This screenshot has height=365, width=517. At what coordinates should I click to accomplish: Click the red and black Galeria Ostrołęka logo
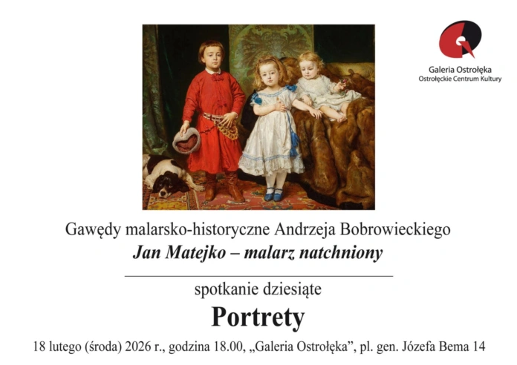(x=460, y=39)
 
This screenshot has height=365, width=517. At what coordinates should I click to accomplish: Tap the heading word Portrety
(x=258, y=318)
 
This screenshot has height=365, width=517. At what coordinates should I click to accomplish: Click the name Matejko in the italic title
(x=195, y=253)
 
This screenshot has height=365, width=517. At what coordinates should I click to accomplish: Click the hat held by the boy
(x=186, y=139)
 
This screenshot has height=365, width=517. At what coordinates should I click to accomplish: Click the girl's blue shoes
(x=273, y=195)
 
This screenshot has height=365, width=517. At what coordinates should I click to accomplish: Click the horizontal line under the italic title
(x=258, y=275)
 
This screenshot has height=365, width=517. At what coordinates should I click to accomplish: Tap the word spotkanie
(x=222, y=290)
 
